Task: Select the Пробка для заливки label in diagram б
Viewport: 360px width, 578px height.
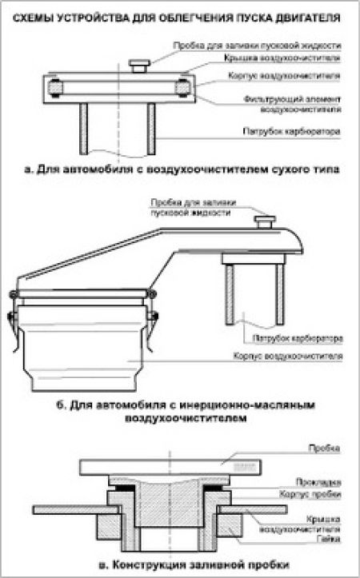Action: point(191,209)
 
